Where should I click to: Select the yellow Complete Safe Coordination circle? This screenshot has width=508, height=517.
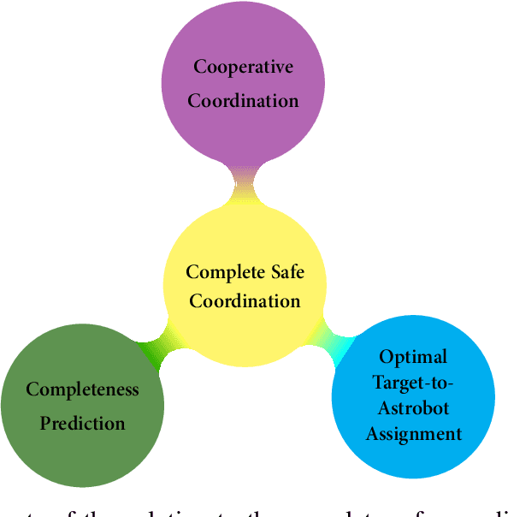pos(245,248)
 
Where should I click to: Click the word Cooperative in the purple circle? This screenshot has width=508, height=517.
pos(243,67)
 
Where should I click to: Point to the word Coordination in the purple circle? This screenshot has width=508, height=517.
pos(243,100)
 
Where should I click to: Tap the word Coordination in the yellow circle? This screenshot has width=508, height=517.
pos(245,301)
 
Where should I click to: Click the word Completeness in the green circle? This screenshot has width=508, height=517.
pos(82,390)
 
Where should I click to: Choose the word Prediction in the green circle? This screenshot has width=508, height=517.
pos(82,423)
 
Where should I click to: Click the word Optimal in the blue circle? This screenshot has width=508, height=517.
pos(413,356)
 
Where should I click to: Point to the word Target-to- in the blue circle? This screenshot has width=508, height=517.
pos(413,382)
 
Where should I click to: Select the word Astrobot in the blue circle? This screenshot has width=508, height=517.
pos(413,407)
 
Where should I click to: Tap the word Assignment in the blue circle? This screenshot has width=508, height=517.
pos(413,433)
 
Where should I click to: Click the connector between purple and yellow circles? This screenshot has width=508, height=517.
pos(244,182)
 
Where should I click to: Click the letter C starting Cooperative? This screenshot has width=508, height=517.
pos(199,67)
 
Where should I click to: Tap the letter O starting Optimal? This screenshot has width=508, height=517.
pos(385,356)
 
